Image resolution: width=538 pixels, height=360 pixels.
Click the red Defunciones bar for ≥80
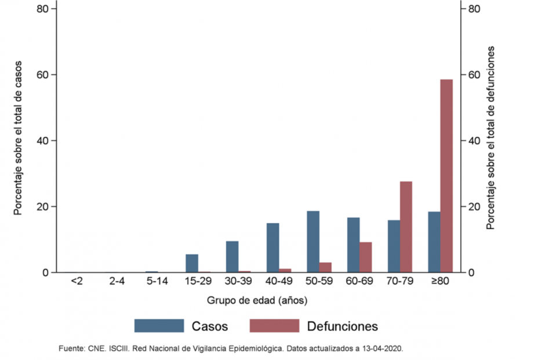pyautogui.click(x=446, y=176)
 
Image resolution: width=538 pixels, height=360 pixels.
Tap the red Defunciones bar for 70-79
pyautogui.click(x=406, y=227)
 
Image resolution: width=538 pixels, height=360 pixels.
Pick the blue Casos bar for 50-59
pyautogui.click(x=312, y=241)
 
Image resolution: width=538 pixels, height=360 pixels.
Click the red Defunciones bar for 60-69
pyautogui.click(x=365, y=257)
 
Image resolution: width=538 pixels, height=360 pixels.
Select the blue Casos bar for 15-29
pyautogui.click(x=192, y=263)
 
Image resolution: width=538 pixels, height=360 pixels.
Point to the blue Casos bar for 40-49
pyautogui.click(x=272, y=248)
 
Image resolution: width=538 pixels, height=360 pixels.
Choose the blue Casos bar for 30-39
pyautogui.click(x=232, y=257)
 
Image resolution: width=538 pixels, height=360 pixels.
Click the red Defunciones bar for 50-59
pyautogui.click(x=325, y=267)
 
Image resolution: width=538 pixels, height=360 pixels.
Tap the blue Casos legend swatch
pyautogui.click(x=159, y=326)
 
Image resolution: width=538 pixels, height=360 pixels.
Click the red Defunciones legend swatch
pyautogui.click(x=274, y=326)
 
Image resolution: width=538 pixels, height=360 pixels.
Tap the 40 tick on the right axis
pyautogui.click(x=474, y=141)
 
